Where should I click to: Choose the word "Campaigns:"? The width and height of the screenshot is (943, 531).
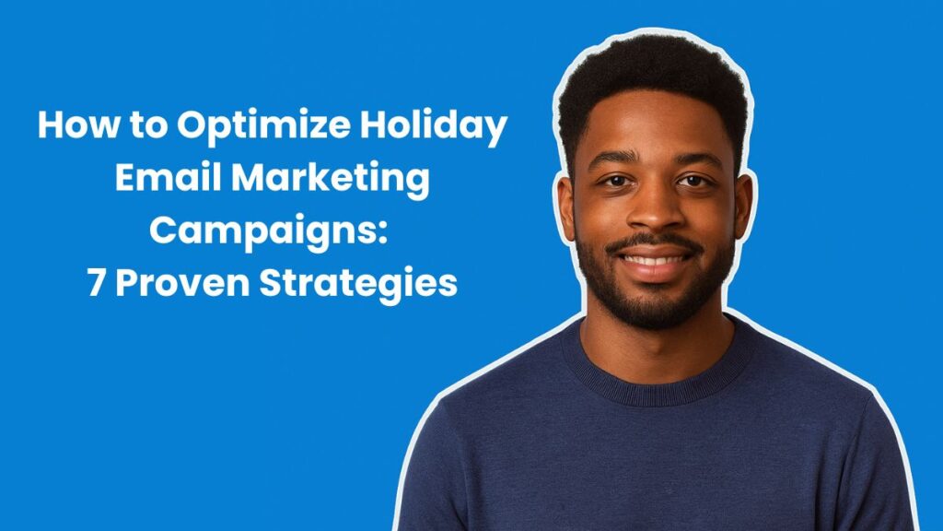click(x=272, y=231)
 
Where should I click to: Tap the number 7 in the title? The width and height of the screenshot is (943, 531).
click(x=96, y=283)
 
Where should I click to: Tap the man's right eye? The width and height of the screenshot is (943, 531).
click(x=612, y=181)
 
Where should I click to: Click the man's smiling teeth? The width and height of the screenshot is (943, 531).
click(x=656, y=260)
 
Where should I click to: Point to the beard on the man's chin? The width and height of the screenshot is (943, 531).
click(x=656, y=300)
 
